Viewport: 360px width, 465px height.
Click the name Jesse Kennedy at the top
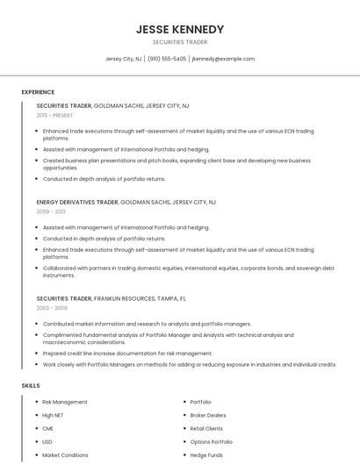(x=179, y=29)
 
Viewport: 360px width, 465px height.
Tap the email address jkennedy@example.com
(x=223, y=59)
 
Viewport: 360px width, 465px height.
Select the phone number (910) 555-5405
(x=167, y=59)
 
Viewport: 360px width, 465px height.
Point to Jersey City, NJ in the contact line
(x=124, y=59)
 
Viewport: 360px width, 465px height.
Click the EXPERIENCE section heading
(x=38, y=92)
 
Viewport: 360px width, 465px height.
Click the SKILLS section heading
(x=30, y=385)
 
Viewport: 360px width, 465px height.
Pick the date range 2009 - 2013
(x=51, y=212)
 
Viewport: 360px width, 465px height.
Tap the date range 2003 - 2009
(x=52, y=309)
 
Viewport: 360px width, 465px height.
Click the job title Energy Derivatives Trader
(x=76, y=202)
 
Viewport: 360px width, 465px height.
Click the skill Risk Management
(x=65, y=402)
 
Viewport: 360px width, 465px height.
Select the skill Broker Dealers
(x=208, y=415)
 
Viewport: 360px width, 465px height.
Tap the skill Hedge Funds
(x=206, y=455)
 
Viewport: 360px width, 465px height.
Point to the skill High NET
(x=54, y=415)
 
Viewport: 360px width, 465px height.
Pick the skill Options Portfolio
(x=212, y=442)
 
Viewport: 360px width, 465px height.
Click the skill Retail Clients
(x=206, y=428)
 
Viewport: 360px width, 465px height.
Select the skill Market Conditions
(x=66, y=455)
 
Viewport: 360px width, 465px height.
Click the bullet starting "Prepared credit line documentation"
(x=127, y=354)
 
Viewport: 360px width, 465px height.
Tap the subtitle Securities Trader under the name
(x=179, y=42)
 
